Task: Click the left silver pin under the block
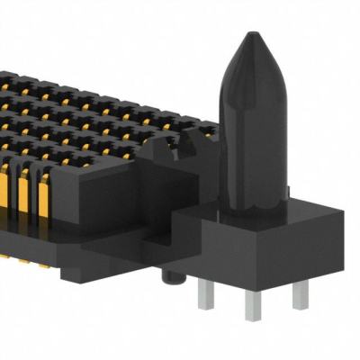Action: click(205, 292)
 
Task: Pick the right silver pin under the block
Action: click(301, 292)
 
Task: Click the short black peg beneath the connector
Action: click(168, 274)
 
